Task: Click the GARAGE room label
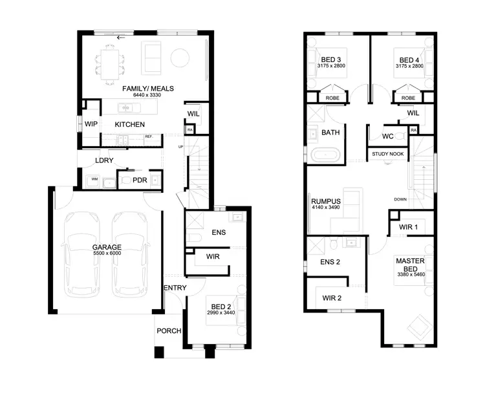click(107, 247)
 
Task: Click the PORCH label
click(169, 331)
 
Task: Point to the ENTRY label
click(175, 288)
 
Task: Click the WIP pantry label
click(91, 124)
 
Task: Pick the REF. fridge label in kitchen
click(148, 136)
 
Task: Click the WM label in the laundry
click(94, 179)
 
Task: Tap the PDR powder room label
click(140, 180)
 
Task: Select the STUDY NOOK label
click(387, 155)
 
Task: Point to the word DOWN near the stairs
click(400, 199)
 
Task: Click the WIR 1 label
click(407, 227)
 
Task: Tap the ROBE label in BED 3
click(332, 98)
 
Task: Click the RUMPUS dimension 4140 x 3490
click(326, 208)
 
